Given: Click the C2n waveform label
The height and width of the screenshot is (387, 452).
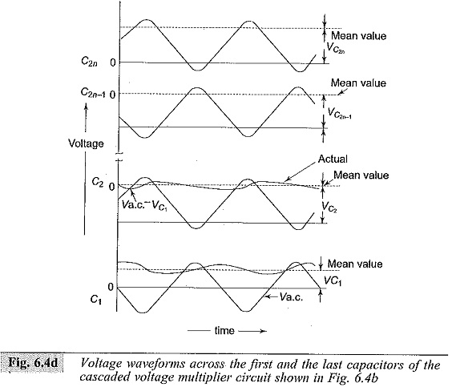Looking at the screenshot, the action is coord(90,62).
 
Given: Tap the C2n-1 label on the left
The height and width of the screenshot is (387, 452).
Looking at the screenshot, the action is coord(93,93).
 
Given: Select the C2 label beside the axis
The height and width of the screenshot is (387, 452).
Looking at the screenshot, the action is coord(98,183).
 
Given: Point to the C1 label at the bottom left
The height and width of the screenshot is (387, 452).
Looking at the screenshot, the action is coord(96,300).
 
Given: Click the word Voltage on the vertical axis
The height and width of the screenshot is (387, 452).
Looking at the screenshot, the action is coord(86,143).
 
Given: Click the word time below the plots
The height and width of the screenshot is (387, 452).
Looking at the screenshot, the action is coord(224,331).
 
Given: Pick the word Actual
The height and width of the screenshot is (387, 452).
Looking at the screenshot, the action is coord(333,159).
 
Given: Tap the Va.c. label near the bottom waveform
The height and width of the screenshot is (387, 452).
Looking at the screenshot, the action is coord(291,296).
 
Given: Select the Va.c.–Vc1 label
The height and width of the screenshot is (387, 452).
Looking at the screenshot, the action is coord(144,205).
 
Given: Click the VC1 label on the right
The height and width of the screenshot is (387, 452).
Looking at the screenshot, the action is coord(333,280).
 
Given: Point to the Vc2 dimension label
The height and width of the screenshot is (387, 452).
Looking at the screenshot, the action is coord(329,207).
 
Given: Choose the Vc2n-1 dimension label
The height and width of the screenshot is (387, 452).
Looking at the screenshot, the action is coord(340,113).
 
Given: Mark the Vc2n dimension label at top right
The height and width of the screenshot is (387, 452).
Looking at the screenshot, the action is coord(336,48).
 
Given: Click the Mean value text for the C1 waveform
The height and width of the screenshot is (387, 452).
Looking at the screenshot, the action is coord(355,264).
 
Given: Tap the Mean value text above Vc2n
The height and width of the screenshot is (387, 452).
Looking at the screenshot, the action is coord(358,36).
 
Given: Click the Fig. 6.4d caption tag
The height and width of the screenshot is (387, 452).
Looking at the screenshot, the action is coord(33,362).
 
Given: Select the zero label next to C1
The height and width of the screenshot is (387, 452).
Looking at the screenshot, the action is coord(111,287).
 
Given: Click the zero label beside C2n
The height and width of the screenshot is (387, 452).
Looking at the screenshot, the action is coord(113,62).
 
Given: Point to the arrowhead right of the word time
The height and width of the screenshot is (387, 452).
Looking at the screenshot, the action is coord(262,332).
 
